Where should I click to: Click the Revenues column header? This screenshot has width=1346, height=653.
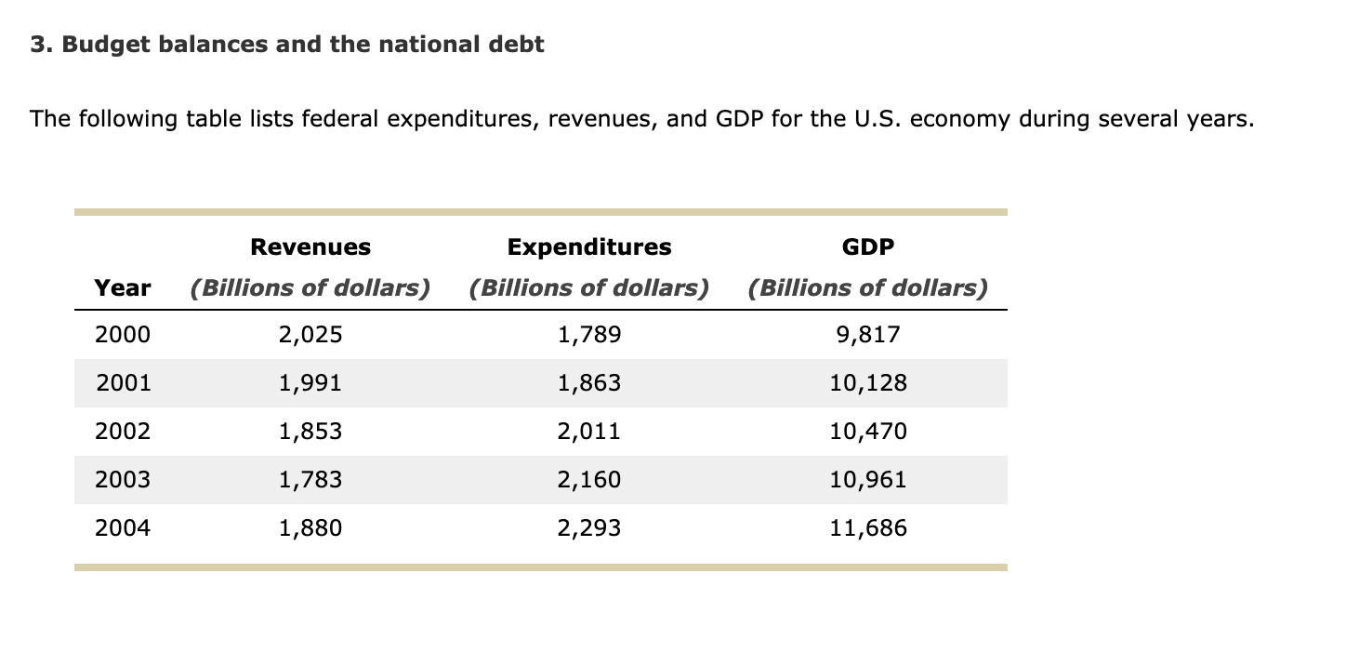(x=310, y=247)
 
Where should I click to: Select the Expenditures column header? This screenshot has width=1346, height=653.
(x=589, y=247)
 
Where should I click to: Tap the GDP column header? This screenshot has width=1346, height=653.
(x=868, y=247)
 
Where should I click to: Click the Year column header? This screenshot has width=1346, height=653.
(x=123, y=288)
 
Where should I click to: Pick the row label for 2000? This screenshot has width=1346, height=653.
(x=123, y=335)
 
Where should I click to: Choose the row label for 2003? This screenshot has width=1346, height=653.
(x=123, y=480)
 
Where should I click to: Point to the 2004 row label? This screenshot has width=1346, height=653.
(x=123, y=528)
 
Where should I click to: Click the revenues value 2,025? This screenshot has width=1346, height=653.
(x=310, y=335)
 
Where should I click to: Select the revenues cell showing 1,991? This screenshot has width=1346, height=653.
(x=310, y=383)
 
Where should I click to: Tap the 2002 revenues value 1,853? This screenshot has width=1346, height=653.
(x=310, y=432)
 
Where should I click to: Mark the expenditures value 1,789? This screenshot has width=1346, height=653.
(x=589, y=335)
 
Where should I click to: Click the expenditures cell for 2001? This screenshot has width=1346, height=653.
(x=589, y=383)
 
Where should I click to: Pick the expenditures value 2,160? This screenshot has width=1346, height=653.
(x=589, y=480)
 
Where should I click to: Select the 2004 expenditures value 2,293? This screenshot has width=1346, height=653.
(x=589, y=528)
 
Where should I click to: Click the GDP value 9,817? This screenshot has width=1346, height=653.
(x=868, y=335)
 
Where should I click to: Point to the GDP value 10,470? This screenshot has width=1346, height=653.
(x=868, y=432)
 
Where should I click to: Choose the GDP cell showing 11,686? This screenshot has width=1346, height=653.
(x=868, y=528)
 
